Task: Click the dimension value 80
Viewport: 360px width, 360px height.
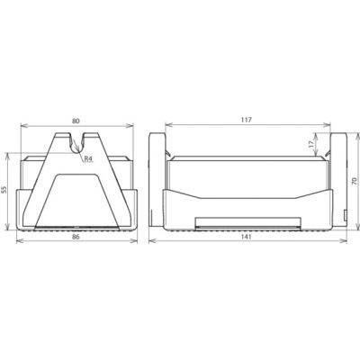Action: click(76, 121)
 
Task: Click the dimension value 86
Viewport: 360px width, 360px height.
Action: click(76, 237)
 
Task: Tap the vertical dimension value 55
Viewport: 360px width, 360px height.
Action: click(4, 190)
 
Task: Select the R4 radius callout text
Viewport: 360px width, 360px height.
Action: click(87, 159)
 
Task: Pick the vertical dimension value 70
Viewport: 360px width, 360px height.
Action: click(355, 181)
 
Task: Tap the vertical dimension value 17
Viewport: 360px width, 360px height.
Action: click(312, 144)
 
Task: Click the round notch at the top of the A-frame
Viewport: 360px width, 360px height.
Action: click(77, 145)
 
